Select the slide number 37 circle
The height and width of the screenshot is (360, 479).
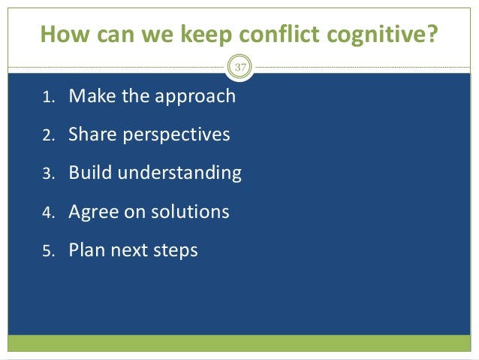[240, 68]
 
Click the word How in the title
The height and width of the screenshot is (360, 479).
[62, 35]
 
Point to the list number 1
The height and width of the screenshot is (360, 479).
[47, 98]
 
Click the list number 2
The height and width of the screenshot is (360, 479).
[47, 136]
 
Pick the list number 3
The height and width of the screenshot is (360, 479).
[47, 174]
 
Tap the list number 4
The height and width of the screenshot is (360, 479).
[47, 213]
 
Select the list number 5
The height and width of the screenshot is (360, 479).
[47, 251]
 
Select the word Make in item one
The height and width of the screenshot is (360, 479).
[89, 96]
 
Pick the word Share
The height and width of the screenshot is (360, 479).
[90, 135]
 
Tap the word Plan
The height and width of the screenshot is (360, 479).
[86, 250]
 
